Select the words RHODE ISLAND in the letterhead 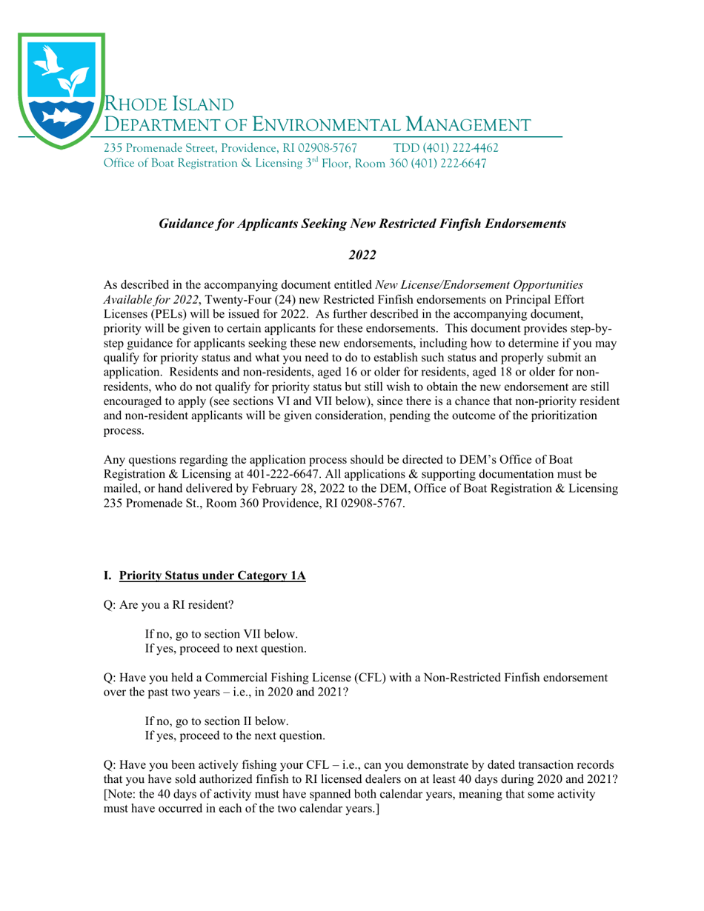tap(169, 103)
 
